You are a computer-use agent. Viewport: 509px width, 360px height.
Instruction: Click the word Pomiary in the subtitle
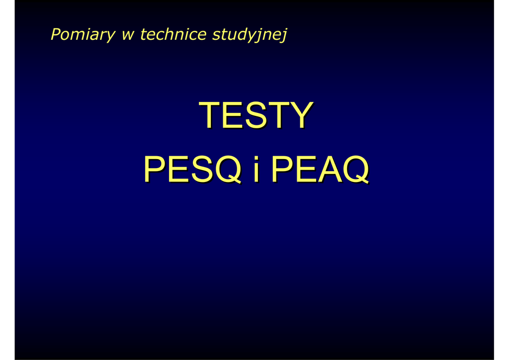pyautogui.click(x=83, y=35)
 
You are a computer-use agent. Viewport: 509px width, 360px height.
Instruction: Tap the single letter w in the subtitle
pyautogui.click(x=128, y=35)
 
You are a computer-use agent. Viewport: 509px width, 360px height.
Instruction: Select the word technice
pyautogui.click(x=173, y=34)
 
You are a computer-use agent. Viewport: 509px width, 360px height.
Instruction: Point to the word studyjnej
pyautogui.click(x=250, y=35)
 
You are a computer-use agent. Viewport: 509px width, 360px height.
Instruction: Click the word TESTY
pyautogui.click(x=256, y=115)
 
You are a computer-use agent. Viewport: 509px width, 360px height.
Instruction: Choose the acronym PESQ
pyautogui.click(x=192, y=169)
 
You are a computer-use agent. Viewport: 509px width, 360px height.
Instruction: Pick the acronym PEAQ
pyautogui.click(x=320, y=169)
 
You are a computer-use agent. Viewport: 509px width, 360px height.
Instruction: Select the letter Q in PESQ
pyautogui.click(x=229, y=170)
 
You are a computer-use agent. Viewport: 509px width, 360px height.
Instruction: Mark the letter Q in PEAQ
pyautogui.click(x=356, y=170)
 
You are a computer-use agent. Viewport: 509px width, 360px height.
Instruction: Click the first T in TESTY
pyautogui.click(x=210, y=115)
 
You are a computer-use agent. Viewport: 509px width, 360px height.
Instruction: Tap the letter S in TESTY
pyautogui.click(x=256, y=115)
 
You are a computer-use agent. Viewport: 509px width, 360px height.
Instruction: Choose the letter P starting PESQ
pyautogui.click(x=155, y=169)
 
